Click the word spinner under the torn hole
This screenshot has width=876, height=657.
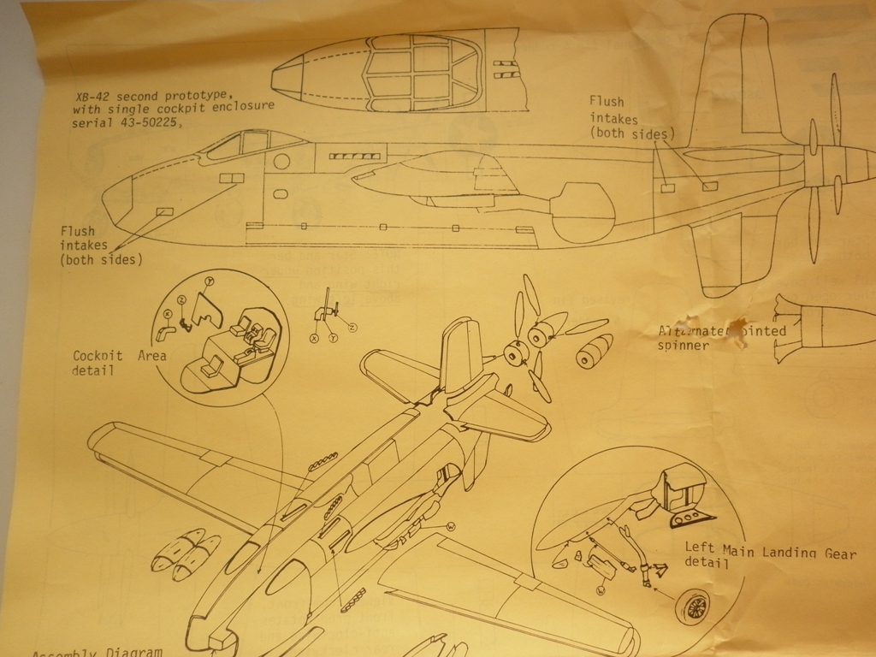684,346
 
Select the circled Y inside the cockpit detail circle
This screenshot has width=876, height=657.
210,281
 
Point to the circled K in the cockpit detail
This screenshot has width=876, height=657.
167,314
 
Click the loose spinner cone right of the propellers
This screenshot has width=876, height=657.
594,350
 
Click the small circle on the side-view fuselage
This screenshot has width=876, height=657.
282,161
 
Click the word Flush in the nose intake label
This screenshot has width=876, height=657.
78,231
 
